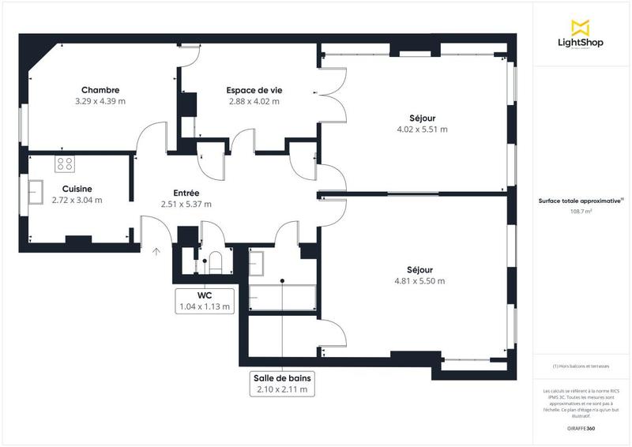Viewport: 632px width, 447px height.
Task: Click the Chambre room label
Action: tap(100, 90)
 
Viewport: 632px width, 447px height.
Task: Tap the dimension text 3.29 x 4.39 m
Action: tap(100, 102)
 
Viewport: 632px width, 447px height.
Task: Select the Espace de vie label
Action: tap(254, 90)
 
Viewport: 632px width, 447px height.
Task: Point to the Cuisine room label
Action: tap(77, 189)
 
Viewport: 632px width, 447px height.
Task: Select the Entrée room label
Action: tap(186, 193)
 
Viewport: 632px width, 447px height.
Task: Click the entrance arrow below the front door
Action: tap(156, 252)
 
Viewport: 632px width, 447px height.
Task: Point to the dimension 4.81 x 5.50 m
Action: tap(419, 281)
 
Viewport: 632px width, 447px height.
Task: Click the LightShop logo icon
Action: tap(581, 26)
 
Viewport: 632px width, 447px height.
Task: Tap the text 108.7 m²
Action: tap(581, 212)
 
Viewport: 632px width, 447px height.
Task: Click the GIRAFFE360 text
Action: tap(581, 426)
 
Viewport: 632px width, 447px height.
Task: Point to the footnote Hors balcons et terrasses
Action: tap(581, 366)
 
